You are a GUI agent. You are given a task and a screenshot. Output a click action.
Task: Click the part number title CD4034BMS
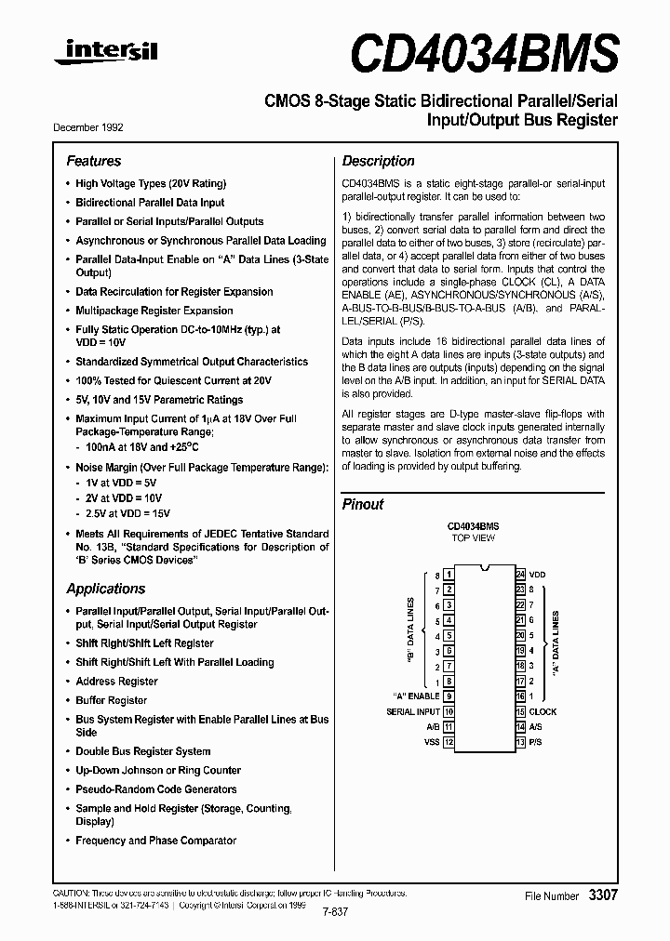click(x=484, y=54)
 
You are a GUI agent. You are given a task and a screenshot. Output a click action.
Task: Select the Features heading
click(x=93, y=161)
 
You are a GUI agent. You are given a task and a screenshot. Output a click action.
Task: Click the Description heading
click(x=378, y=161)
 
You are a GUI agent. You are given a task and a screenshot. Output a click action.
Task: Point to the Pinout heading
click(x=363, y=504)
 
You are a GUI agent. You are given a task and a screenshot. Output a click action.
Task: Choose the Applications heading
click(x=105, y=589)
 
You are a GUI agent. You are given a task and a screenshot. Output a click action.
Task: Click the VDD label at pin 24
click(x=538, y=575)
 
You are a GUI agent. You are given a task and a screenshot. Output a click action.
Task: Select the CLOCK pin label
click(x=543, y=711)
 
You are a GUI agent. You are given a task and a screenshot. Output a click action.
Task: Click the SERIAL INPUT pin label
click(x=412, y=711)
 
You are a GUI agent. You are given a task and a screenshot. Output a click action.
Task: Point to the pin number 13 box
click(x=520, y=742)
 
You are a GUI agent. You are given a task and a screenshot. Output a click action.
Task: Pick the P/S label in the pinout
click(x=535, y=742)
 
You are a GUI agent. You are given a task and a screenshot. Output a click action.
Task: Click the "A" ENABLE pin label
click(x=417, y=696)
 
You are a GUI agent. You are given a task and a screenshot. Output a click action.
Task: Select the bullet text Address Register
click(x=116, y=682)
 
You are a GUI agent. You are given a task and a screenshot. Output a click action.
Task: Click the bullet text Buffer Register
click(x=111, y=700)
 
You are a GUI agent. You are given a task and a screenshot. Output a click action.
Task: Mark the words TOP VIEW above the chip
click(x=473, y=538)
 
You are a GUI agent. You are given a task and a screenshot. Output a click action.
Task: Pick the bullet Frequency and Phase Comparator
click(x=155, y=841)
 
